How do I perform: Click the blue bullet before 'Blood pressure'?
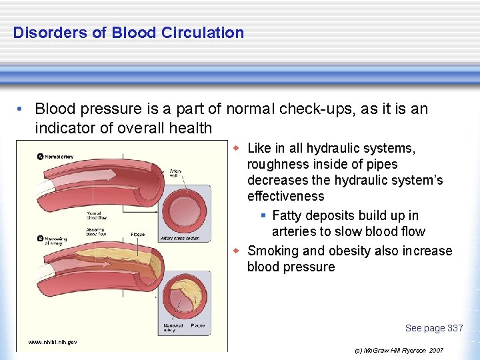pos(21,109)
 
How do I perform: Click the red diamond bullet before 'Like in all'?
pos(237,148)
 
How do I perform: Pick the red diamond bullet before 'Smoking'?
pos(237,251)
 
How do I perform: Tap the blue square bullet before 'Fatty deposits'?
pos(263,215)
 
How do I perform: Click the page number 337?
pos(455,328)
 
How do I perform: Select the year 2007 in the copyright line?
pos(436,350)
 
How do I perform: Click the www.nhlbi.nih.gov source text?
pos(53,342)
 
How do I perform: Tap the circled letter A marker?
pos(39,157)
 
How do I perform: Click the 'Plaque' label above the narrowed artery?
pos(138,235)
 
